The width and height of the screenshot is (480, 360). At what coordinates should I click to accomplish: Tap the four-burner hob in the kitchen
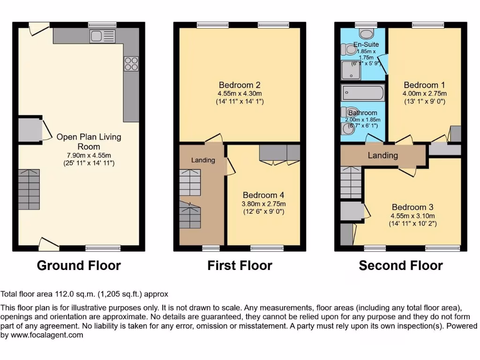coord(131,64)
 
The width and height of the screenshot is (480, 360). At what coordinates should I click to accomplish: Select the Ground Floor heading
coord(79,266)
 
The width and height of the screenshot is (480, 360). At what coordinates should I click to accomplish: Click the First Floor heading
coord(240,266)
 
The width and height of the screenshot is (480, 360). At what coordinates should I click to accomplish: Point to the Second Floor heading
coord(401,266)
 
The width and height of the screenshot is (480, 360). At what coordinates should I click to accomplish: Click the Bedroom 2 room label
coord(240,85)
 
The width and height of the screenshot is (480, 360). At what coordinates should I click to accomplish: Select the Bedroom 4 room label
coord(263,195)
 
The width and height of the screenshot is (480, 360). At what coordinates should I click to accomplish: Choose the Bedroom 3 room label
coord(412,207)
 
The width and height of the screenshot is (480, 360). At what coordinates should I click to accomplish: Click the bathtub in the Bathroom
coord(363,93)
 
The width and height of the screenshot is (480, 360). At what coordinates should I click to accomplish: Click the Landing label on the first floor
coord(203,160)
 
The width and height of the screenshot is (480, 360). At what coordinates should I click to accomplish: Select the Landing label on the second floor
coord(382,155)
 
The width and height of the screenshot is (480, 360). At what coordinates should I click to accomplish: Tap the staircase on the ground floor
coord(29,189)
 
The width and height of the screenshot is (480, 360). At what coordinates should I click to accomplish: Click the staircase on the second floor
coord(351,182)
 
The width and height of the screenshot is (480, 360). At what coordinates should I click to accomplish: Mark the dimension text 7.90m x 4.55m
coord(89,155)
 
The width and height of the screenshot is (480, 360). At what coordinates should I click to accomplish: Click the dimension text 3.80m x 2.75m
coord(263,203)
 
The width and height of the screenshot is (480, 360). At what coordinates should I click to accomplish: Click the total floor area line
coord(84,294)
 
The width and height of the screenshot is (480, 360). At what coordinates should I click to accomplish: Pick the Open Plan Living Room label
coord(89,142)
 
